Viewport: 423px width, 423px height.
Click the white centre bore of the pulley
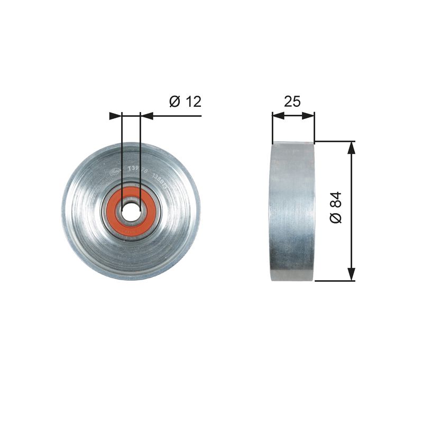point(131,210)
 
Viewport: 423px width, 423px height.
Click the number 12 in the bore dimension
point(193,102)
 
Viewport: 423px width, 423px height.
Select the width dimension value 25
point(292,102)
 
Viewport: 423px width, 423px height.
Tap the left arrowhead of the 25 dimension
point(277,115)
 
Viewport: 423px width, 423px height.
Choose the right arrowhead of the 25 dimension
point(310,115)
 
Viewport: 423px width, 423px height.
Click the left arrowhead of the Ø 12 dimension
point(116,115)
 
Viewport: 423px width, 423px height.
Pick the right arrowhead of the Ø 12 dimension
point(146,115)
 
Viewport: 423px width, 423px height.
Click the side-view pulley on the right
point(292,212)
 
